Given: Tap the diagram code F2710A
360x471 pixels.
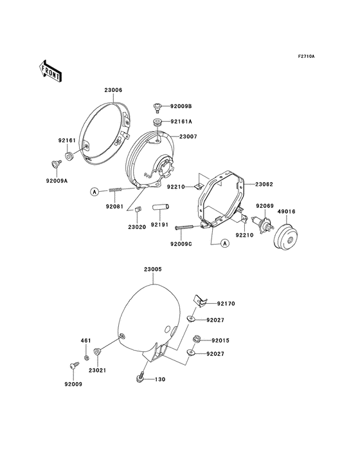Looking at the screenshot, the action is pos(306,56).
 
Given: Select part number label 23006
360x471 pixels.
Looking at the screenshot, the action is pos(113,90).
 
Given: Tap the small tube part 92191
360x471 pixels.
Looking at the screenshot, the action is pos(161,207).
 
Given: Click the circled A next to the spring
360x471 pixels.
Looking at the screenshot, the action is pos(94,191).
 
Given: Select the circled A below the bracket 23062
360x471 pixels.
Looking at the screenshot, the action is pos(225,243).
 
